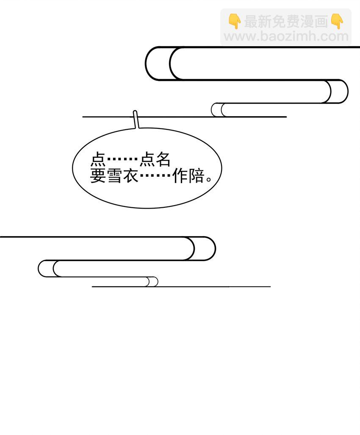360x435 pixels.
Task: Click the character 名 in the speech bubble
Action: (x=163, y=159)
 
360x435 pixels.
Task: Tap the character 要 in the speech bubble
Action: (x=98, y=176)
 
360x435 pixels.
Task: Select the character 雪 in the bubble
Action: (x=114, y=176)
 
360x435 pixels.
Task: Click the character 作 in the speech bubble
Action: (x=180, y=176)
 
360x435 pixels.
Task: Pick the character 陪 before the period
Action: (x=196, y=176)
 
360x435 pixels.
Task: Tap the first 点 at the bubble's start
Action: (x=98, y=159)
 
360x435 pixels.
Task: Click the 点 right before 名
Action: (x=147, y=159)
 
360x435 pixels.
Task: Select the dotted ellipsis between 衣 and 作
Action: (x=155, y=176)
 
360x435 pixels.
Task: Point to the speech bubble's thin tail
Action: (x=136, y=120)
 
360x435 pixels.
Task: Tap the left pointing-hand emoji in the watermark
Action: (x=235, y=21)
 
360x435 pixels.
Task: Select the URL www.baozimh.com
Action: (x=286, y=36)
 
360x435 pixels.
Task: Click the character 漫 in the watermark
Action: (x=307, y=21)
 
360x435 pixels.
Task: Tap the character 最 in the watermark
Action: (x=251, y=21)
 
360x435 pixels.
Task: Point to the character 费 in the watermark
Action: (x=293, y=21)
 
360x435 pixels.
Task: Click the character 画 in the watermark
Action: (x=321, y=21)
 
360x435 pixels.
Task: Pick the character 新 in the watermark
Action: (x=265, y=21)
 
